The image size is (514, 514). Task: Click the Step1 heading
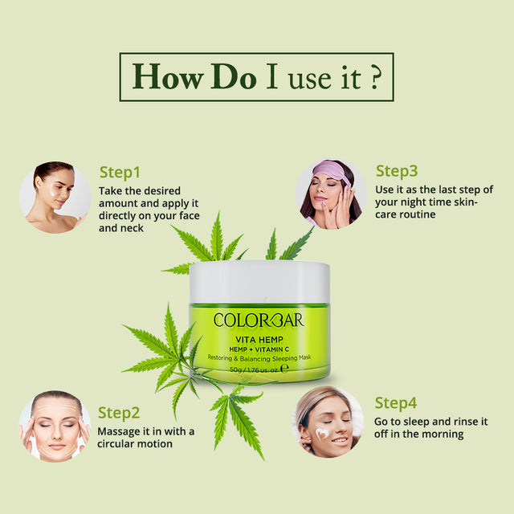pyautogui.click(x=120, y=172)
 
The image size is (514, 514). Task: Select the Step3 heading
pyautogui.click(x=397, y=170)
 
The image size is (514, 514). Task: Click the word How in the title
pyautogui.click(x=166, y=76)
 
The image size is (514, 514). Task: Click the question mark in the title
pyautogui.click(x=375, y=76)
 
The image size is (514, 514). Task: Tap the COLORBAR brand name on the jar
pyautogui.click(x=259, y=320)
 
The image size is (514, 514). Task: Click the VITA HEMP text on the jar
pyautogui.click(x=259, y=338)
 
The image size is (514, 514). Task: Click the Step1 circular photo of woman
pyautogui.click(x=55, y=197)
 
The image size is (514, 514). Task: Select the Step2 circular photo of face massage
pyautogui.click(x=55, y=426)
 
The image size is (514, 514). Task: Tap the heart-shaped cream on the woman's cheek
pyautogui.click(x=322, y=433)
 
